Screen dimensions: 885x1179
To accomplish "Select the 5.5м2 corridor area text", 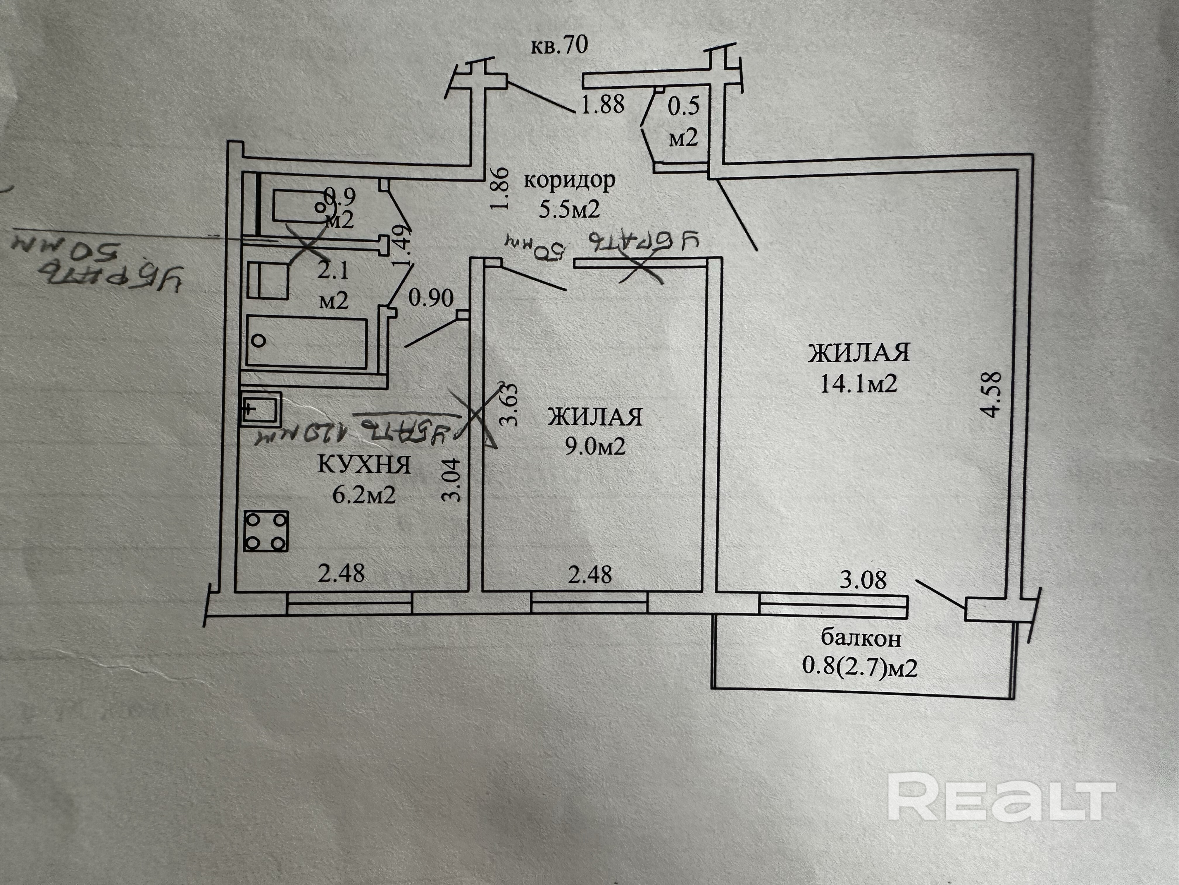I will (x=569, y=209).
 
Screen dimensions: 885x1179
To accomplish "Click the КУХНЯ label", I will (x=364, y=465).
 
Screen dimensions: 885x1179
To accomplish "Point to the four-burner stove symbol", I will (x=266, y=531).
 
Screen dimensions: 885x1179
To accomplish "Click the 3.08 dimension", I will (x=863, y=580).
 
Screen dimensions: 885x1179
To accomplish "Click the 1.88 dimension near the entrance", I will (x=603, y=104).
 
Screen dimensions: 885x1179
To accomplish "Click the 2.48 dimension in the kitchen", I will (x=341, y=573).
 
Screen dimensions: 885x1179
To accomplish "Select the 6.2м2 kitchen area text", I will (x=364, y=495).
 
